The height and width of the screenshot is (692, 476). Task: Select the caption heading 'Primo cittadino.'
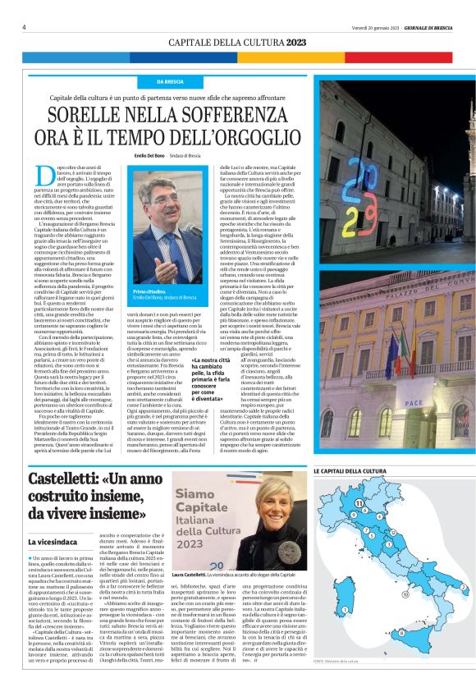(149, 291)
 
